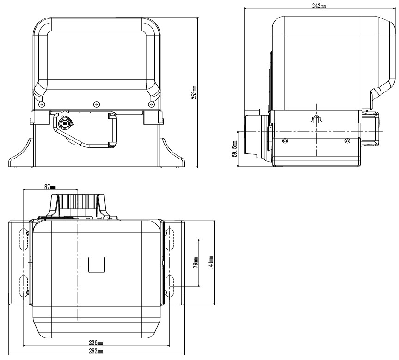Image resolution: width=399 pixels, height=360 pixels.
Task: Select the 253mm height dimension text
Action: coord(194,92)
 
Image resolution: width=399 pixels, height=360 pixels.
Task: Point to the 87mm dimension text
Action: coord(50,187)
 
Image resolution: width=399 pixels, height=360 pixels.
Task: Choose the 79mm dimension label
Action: coord(195,263)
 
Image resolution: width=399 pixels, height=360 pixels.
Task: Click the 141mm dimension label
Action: coord(211,262)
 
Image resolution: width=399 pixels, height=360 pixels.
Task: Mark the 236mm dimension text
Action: coord(96,343)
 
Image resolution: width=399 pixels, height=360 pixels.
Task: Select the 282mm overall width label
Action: coord(96,352)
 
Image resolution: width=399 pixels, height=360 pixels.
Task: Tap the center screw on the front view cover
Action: coord(96,104)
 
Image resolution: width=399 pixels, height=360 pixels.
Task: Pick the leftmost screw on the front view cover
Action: coord(42,104)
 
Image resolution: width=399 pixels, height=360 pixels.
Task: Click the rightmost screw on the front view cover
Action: coord(149,104)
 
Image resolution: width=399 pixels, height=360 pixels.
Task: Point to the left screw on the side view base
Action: coord(284,140)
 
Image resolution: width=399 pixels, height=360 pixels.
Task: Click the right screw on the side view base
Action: coord(348,140)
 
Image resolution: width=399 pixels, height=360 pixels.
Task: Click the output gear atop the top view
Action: coord(79,205)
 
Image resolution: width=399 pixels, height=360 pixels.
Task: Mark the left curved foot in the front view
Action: coord(21,153)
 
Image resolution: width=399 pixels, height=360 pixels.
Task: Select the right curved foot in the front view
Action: coord(172,153)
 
